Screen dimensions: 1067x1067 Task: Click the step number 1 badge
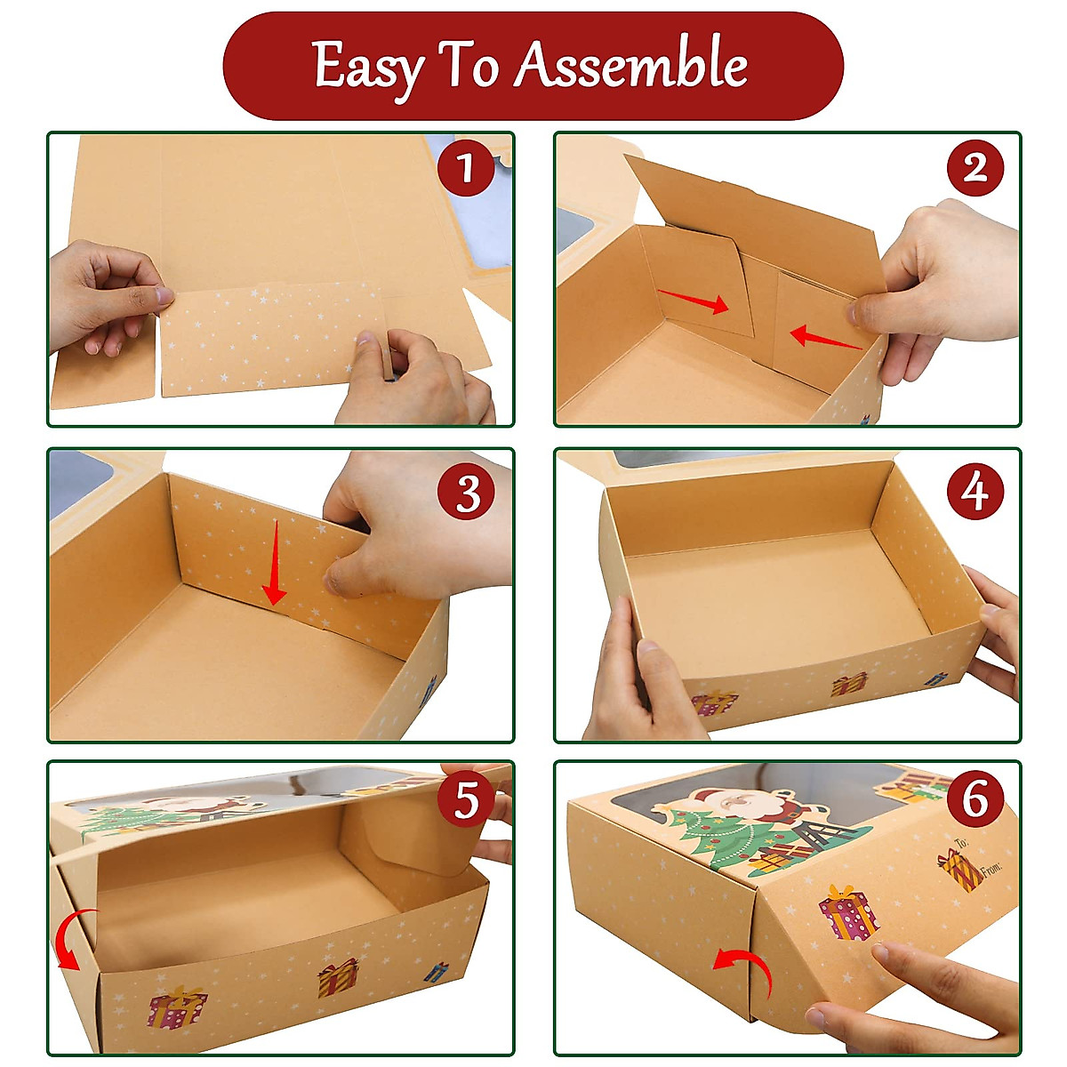465,167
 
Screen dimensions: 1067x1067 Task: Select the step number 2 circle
975,167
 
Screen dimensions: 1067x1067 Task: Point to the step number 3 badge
465,491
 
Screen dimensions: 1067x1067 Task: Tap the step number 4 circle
975,491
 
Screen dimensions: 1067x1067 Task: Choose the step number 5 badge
465,799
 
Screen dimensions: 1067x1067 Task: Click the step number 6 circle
975,799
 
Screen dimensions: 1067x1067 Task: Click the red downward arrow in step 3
274,561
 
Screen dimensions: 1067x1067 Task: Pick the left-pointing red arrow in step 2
825,338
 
